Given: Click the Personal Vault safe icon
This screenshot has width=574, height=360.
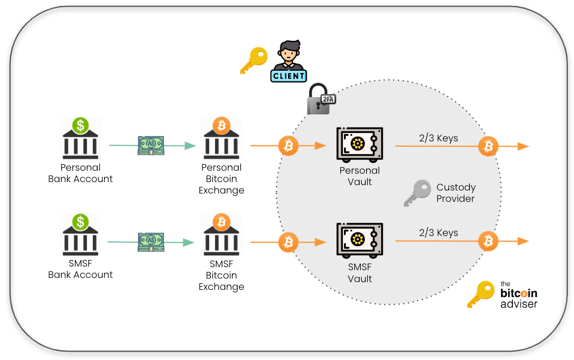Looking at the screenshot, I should pos(359,144).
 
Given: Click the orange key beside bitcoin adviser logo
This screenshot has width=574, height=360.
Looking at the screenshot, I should pos(481,294).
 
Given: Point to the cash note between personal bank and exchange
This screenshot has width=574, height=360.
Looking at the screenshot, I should pos(151,145).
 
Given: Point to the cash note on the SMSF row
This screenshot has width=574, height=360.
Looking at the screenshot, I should pos(151,241).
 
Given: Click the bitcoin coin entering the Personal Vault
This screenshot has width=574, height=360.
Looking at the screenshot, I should pos(289,146).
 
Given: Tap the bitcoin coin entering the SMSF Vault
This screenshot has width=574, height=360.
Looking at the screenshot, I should pos(289,242).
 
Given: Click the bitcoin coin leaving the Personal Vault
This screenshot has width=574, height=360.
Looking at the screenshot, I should pos(488,146).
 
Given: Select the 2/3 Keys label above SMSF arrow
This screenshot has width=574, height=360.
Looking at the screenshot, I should pos(439,232).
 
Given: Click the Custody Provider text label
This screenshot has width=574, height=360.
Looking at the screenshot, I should pos(455,193).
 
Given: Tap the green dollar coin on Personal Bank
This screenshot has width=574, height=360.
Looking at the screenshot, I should pos(81,125).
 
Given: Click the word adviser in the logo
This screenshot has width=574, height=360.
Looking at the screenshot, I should pos(519,304).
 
